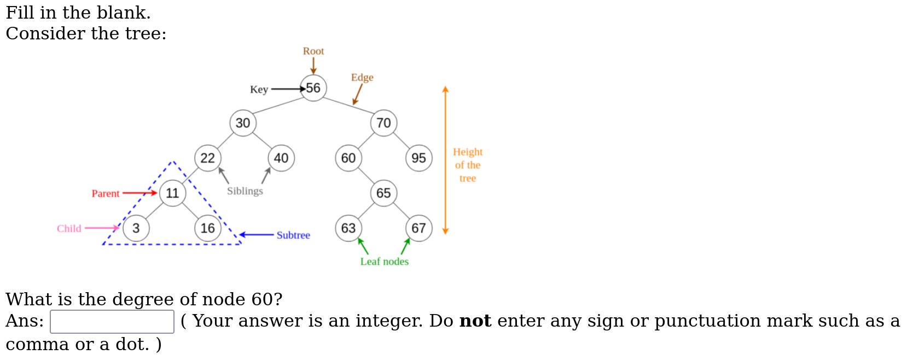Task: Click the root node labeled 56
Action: [313, 88]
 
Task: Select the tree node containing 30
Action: [243, 123]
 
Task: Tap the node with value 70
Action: [383, 123]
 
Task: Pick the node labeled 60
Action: [348, 158]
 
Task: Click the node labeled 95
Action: [418, 158]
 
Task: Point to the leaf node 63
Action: [348, 228]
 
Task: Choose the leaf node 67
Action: [418, 228]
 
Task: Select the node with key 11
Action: [172, 193]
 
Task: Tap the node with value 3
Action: [136, 228]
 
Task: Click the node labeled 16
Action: [208, 228]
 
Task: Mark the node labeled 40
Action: [281, 158]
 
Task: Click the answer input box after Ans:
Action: [112, 322]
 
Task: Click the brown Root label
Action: [313, 51]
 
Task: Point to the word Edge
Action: [362, 78]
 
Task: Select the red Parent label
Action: [106, 194]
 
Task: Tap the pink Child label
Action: [69, 229]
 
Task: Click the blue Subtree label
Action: [293, 235]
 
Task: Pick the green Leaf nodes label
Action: [384, 262]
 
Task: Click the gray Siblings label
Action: [245, 191]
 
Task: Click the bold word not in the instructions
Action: [475, 321]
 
